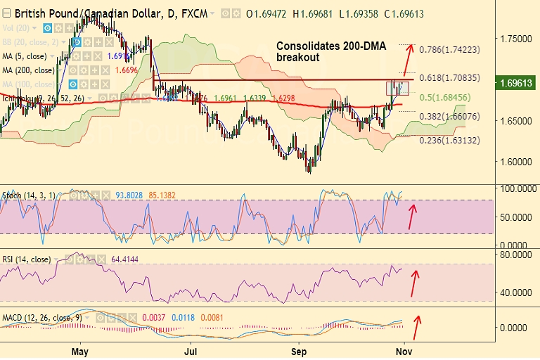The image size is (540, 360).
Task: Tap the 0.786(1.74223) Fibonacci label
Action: click(449, 50)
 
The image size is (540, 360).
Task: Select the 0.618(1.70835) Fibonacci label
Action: click(449, 77)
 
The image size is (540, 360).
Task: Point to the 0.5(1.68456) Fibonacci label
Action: click(446, 97)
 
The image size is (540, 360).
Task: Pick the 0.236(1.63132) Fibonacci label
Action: click(449, 140)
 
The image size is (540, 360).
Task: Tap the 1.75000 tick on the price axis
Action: click(515, 39)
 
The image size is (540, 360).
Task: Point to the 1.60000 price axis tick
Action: click(515, 161)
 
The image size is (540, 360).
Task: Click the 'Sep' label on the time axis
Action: click(300, 349)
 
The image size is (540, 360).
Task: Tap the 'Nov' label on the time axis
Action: click(403, 349)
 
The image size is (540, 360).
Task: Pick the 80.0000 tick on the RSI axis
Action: click(515, 255)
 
